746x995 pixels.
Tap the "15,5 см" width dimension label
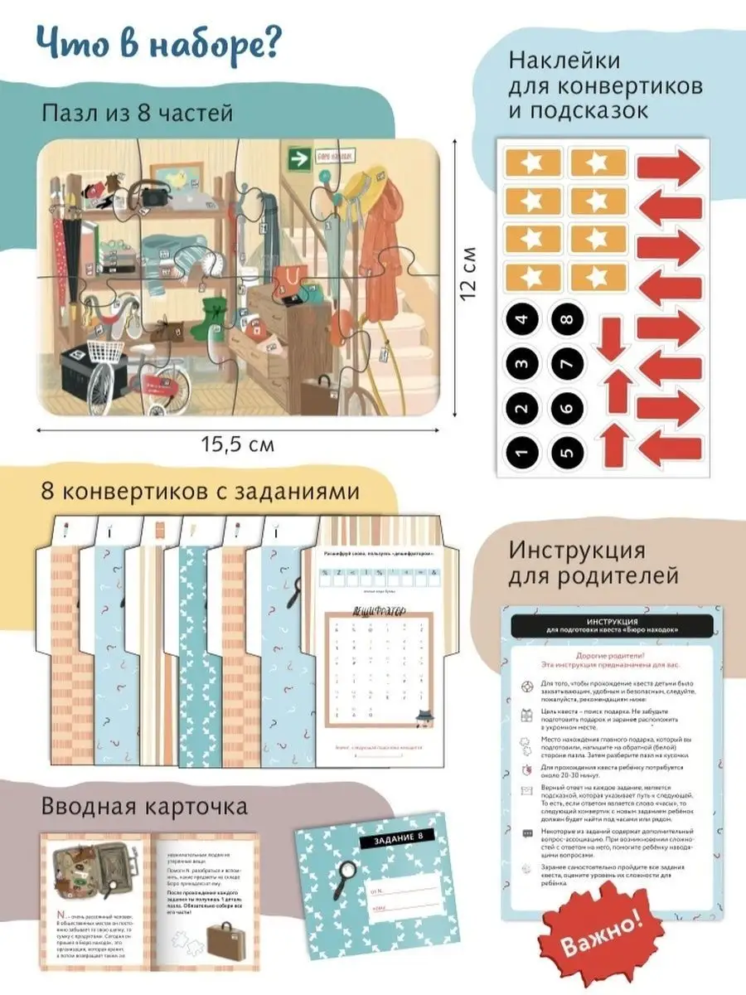[x=237, y=444]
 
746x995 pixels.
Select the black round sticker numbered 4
[x=521, y=318]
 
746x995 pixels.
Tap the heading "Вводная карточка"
[x=144, y=806]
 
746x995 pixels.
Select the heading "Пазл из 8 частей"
[x=138, y=113]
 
